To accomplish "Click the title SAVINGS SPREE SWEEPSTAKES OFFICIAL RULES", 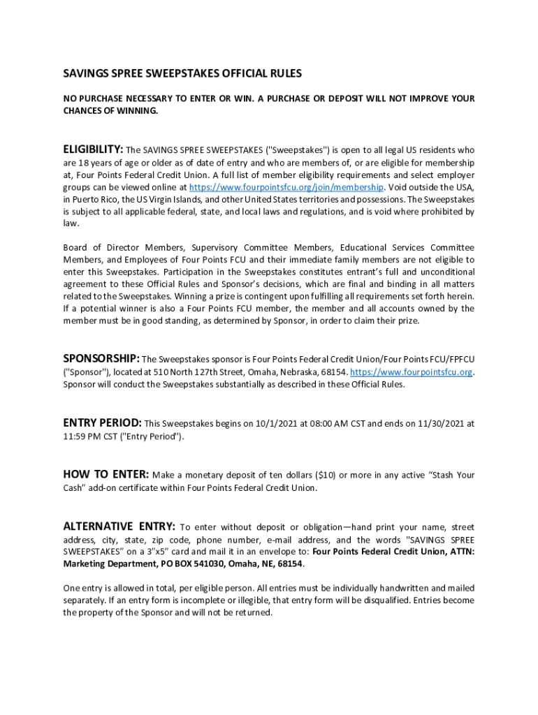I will pyautogui.click(x=182, y=73).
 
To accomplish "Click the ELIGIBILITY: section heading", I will pyautogui.click(x=93, y=149).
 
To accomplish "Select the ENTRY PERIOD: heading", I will pyautogui.click(x=102, y=422).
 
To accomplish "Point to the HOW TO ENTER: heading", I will pyautogui.click(x=106, y=475).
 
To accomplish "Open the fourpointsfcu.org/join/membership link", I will pyautogui.click(x=286, y=187).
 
